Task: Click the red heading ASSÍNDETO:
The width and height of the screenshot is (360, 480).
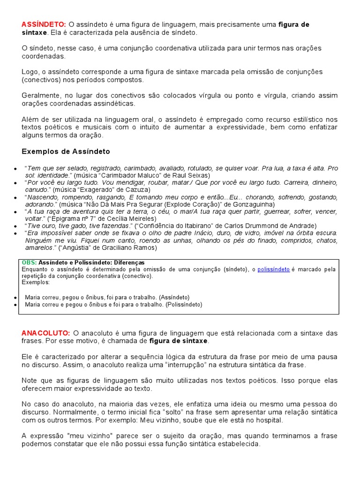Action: tap(44, 24)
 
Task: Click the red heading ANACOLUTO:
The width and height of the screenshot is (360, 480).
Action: tap(46, 333)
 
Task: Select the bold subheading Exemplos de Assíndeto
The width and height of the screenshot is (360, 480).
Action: tap(66, 151)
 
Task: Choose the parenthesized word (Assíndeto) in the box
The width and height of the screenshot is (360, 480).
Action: tap(174, 297)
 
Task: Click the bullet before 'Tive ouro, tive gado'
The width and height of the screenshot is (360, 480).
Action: tap(16, 226)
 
